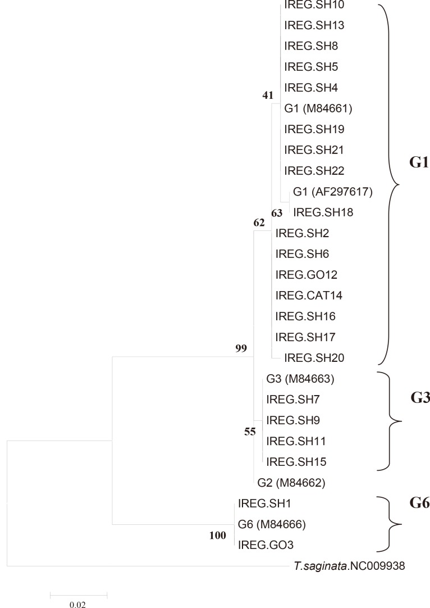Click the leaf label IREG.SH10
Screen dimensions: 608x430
[307, 5]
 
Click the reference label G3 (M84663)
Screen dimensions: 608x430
[300, 379]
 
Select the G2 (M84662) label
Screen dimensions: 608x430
[292, 482]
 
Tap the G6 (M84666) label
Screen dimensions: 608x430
[271, 524]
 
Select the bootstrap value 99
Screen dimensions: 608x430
[241, 349]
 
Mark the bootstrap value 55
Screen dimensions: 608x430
[250, 433]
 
